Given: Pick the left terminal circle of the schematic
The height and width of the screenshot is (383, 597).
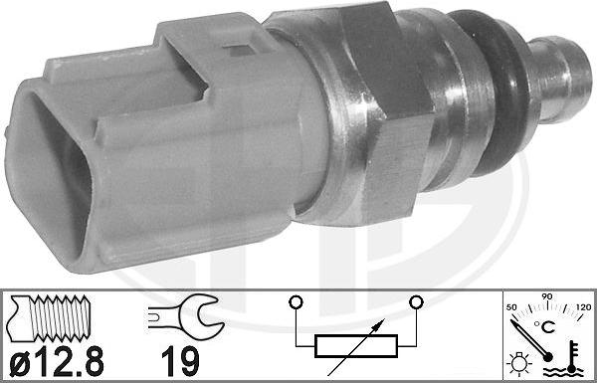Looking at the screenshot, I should point(295,299).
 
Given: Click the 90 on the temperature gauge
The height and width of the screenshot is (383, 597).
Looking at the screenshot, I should point(545,295).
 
